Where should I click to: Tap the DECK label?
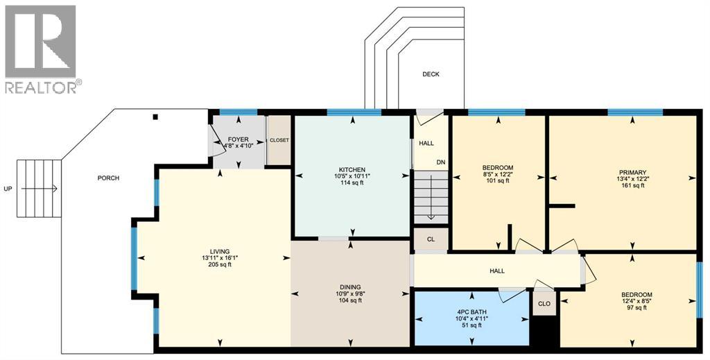pos(431,74)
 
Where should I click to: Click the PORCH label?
pos(108,178)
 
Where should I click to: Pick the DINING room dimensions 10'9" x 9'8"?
pos(350,293)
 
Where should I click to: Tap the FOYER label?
pos(238,140)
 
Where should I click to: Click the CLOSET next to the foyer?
pos(279,140)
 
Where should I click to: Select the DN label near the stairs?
pos(440,163)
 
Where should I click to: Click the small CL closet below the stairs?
pos(431,239)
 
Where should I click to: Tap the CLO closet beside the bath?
pos(544,303)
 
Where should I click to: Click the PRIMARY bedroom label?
pos(633,173)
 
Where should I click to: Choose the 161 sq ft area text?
pos(633,187)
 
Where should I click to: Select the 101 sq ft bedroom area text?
pos(498,181)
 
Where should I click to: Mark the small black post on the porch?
pos(156,117)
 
